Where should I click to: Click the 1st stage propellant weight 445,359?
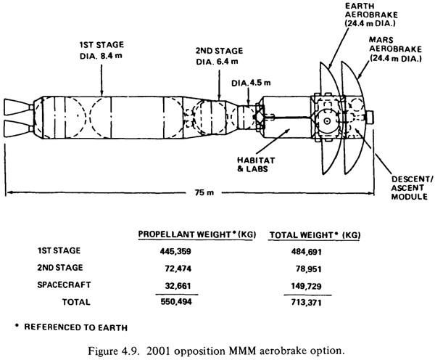pos(175,251)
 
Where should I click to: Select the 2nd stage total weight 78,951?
pos(309,269)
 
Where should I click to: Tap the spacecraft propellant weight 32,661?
pos(178,286)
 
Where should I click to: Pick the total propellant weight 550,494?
pos(176,302)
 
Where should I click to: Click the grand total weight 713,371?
pos(306,302)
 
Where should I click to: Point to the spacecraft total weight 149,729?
pos(306,286)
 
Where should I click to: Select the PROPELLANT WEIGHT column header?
pos(197,234)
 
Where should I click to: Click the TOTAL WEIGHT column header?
pos(315,235)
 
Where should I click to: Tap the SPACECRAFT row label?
pos(64,285)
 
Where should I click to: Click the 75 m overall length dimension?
pos(204,192)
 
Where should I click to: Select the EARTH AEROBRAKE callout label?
pos(371,15)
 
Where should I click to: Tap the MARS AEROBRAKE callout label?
pos(395,49)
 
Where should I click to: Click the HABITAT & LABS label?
pos(256,165)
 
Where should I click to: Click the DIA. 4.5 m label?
pos(251,83)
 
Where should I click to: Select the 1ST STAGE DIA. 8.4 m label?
pos(101,50)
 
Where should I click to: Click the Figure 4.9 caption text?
pos(216,351)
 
